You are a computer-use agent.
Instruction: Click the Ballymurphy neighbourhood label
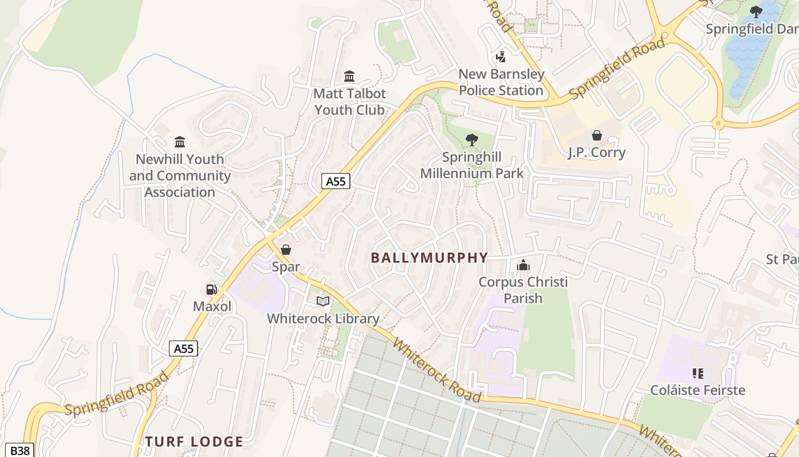429,258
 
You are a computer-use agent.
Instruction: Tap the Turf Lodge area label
194,442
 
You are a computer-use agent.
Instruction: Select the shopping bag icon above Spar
286,250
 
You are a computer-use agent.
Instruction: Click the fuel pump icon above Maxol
212,290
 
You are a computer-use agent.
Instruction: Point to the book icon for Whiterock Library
323,301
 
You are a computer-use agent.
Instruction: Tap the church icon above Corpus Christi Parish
523,265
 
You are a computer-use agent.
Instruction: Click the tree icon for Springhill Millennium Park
471,140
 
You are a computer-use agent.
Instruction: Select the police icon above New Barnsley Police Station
501,57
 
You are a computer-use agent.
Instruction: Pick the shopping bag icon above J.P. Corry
596,135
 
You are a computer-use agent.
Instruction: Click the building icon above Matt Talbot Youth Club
349,76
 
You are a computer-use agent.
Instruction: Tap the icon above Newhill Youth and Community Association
180,142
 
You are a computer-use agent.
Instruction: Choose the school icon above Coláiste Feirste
697,374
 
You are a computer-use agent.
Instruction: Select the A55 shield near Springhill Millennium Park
336,182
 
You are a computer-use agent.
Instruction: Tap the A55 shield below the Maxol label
184,348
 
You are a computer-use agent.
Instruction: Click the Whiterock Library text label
323,319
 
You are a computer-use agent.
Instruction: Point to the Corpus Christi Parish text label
523,290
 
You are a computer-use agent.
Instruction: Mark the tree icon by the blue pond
756,11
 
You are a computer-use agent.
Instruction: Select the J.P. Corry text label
596,153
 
